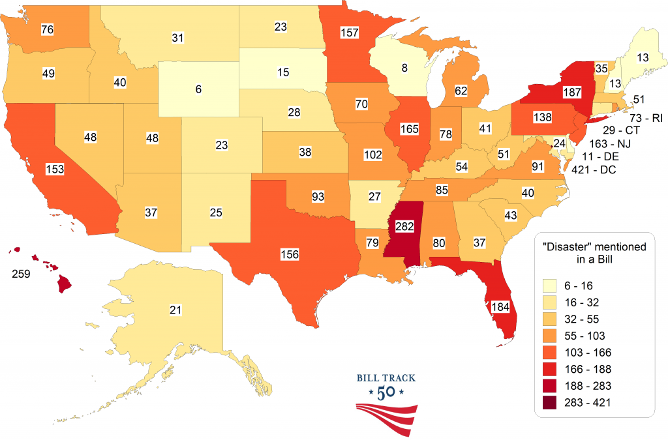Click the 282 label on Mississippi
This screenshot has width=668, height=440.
pyautogui.click(x=404, y=227)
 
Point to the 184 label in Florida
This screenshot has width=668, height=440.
pyautogui.click(x=498, y=306)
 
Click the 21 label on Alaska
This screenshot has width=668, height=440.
pyautogui.click(x=175, y=310)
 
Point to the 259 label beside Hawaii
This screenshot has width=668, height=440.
pyautogui.click(x=20, y=274)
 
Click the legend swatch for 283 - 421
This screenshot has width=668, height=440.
pyautogui.click(x=550, y=402)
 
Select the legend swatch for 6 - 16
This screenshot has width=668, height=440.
pyautogui.click(x=550, y=285)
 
